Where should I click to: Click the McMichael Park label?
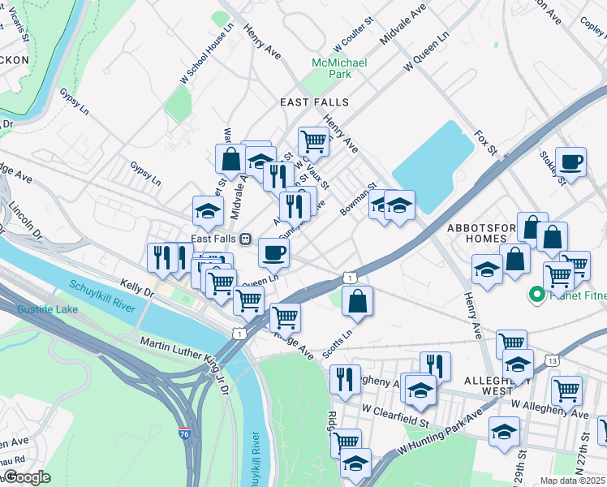coord(339,68)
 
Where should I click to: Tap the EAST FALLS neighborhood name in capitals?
coord(314,102)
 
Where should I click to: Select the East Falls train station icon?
coord(244,239)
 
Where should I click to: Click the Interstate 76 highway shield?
coord(186,435)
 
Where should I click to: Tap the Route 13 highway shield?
coord(552,360)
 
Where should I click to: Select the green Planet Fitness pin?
coord(536,295)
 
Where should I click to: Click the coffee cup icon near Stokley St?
coord(570,162)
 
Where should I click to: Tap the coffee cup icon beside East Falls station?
coord(274,252)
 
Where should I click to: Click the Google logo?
coord(28,478)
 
